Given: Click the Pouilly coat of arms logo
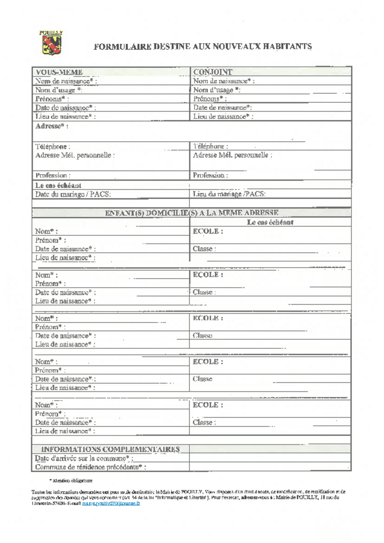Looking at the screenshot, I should pyautogui.click(x=51, y=43).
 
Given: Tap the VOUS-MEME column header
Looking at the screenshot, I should pyautogui.click(x=59, y=72).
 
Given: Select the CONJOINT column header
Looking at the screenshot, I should pyautogui.click(x=213, y=72).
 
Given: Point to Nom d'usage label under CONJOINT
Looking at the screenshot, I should pyautogui.click(x=216, y=90).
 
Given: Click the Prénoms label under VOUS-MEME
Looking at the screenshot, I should pyautogui.click(x=52, y=99).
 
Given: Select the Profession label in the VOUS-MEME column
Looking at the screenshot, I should pyautogui.click(x=53, y=175).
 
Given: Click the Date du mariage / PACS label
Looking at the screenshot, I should pyautogui.click(x=73, y=194).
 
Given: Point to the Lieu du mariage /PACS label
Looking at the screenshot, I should pyautogui.click(x=229, y=194).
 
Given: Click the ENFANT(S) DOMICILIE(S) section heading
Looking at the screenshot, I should pyautogui.click(x=191, y=213).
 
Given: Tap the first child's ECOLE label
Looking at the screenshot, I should pyautogui.click(x=208, y=231).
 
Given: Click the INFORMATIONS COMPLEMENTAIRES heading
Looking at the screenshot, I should pyautogui.click(x=110, y=449).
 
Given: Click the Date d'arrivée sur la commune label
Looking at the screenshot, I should pyautogui.click(x=84, y=458).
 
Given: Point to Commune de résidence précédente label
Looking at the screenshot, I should pyautogui.click(x=90, y=467).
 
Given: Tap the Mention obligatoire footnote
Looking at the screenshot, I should pyautogui.click(x=71, y=480).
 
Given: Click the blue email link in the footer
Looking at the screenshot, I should pyautogui.click(x=111, y=503).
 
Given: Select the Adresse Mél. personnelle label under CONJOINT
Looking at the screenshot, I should pyautogui.click(x=232, y=155).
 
